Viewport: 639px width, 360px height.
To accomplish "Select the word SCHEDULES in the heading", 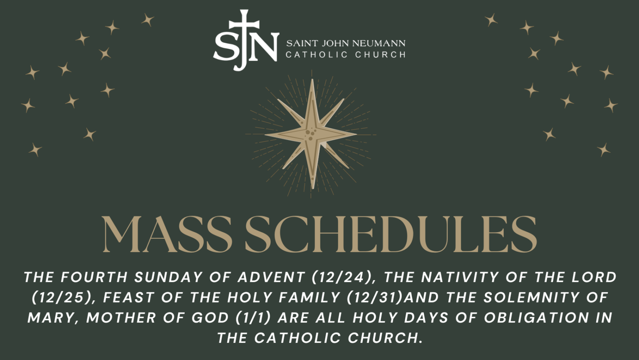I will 390,234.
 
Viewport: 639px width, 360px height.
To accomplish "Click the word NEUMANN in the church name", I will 379,43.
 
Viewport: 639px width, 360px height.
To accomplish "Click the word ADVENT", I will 271,277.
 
